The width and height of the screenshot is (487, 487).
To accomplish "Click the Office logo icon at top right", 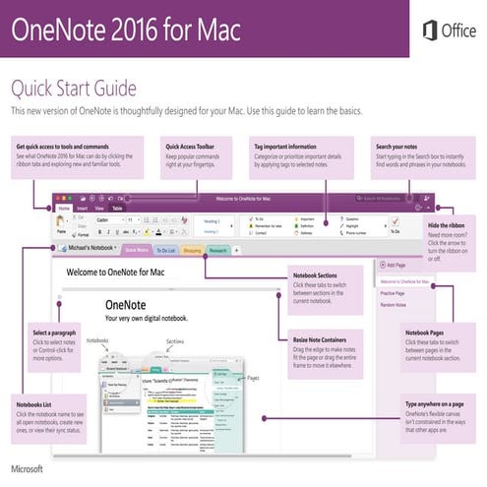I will pos(430,30).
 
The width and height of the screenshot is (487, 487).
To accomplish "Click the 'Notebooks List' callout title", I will pos(38,405).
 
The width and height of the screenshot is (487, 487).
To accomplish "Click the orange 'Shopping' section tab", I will pos(193,251).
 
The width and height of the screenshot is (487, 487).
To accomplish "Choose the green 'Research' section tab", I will pos(219,251).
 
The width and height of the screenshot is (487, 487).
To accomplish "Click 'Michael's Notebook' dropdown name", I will pos(88,251).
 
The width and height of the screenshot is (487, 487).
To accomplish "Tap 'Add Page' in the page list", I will pos(395,265).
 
